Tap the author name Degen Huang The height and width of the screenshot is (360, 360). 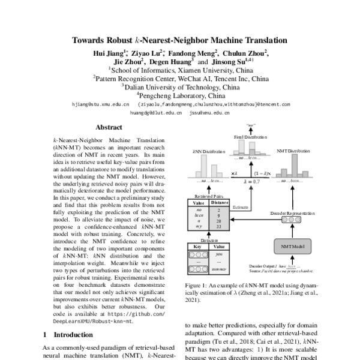coord(170,61)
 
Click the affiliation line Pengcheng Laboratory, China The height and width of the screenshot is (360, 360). coord(180,94)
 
